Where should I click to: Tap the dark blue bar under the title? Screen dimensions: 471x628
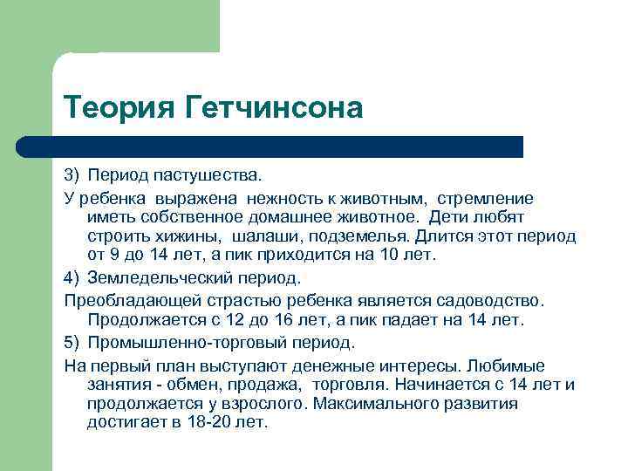pos(288,147)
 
